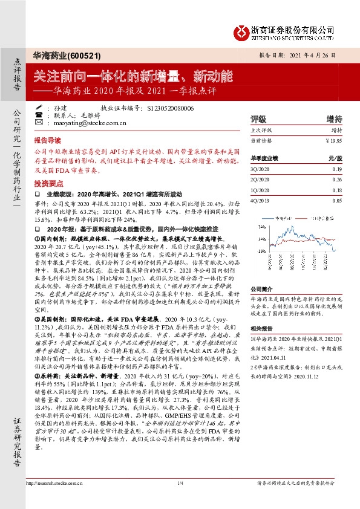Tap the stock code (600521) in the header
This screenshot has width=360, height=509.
coord(73,54)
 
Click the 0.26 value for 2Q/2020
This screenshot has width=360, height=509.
coord(337,180)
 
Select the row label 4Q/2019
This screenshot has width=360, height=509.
coord(258,199)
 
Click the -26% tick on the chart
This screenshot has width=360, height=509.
coord(261,250)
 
